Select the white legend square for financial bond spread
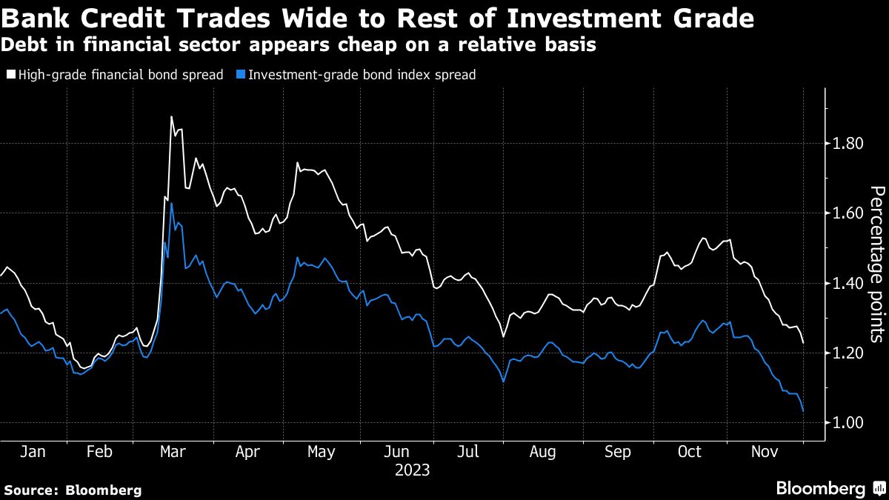(10, 75)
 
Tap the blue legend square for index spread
(240, 75)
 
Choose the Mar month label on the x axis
(173, 452)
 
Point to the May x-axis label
(322, 452)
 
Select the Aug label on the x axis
(544, 452)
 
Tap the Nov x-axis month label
(766, 452)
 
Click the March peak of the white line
(171, 117)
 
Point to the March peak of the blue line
(171, 203)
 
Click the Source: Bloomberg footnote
(73, 490)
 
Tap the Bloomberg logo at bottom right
(830, 488)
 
